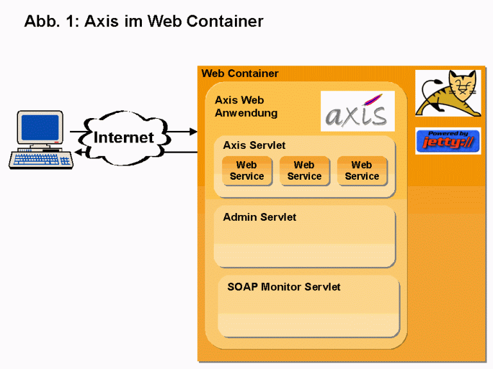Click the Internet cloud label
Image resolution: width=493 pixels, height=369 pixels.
click(x=124, y=137)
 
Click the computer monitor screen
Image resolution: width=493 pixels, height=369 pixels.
click(x=40, y=127)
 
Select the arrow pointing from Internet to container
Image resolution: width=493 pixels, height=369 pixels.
click(x=183, y=132)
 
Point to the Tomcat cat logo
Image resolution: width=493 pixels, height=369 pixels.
click(x=447, y=94)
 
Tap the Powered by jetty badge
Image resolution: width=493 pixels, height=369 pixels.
click(x=447, y=141)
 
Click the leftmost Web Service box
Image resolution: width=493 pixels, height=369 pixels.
click(x=246, y=171)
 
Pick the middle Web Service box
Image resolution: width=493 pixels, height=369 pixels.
click(x=304, y=171)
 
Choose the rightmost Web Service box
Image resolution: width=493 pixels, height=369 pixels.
click(x=361, y=171)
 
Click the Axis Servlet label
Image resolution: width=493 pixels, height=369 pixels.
click(x=254, y=146)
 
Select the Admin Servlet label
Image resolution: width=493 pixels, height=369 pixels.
click(x=259, y=218)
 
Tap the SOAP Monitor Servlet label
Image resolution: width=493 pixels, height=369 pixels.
click(x=284, y=287)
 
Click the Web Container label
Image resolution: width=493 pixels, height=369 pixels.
click(x=240, y=74)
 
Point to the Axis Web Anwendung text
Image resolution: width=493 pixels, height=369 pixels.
click(x=246, y=107)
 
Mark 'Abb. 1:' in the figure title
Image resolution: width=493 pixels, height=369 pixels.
click(x=51, y=21)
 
